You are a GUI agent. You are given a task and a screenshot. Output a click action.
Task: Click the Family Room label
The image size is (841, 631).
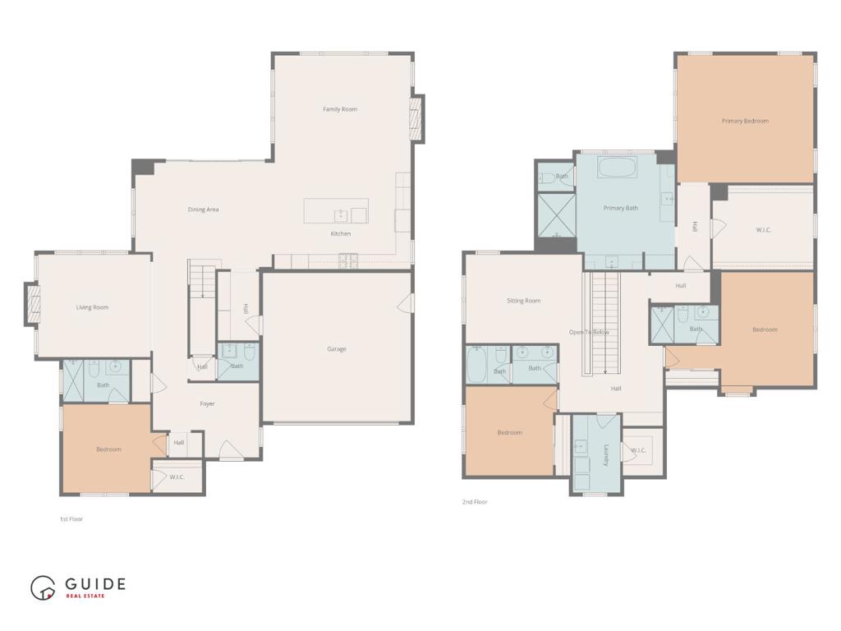coord(340,109)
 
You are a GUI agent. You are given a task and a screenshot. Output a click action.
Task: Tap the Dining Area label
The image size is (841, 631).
coord(204,210)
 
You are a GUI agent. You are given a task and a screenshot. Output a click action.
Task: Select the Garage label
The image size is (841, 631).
coord(337,349)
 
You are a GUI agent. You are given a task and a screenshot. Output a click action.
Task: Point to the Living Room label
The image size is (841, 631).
coord(92,307)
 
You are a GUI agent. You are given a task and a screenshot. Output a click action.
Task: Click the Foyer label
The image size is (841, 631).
coord(207,404)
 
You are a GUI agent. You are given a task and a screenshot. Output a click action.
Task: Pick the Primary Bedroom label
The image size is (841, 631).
coord(745,122)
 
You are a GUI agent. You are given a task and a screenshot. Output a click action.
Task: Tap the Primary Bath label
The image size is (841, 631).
coord(621,208)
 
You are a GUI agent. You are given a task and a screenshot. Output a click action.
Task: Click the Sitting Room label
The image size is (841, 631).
coord(523,301)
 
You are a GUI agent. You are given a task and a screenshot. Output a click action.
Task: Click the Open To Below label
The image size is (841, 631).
coord(589,333)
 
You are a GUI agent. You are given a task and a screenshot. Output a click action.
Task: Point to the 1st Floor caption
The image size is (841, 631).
coord(71,519)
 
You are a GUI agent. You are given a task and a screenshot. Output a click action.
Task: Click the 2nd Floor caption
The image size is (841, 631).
coord(475,502)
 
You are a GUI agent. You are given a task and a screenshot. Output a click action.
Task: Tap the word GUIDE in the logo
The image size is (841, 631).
coord(95,584)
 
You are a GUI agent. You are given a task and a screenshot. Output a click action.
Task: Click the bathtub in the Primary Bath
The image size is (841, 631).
coord(617,168)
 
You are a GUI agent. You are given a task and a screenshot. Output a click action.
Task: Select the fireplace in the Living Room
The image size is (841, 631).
coord(33,304)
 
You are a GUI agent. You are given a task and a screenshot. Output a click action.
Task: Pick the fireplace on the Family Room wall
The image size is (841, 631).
coord(416,118)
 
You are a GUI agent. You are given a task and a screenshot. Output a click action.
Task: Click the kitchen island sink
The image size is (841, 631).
coord(341,216)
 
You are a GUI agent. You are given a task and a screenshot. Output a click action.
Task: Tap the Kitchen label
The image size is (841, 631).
coord(341,234)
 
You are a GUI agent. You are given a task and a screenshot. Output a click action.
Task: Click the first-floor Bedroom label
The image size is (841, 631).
coord(108,449)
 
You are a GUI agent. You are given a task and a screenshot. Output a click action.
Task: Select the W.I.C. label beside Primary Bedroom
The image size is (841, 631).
coord(763,230)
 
